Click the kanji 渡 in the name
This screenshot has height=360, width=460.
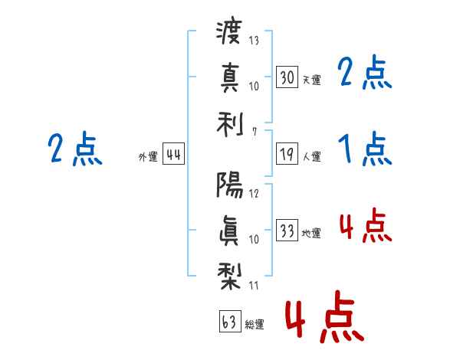[228, 31]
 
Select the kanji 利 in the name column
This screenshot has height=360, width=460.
[230, 125]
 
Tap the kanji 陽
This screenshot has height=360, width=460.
[230, 185]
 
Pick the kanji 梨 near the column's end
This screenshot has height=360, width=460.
[229, 277]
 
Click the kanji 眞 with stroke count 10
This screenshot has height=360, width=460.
[228, 231]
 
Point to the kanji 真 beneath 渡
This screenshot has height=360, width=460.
[229, 78]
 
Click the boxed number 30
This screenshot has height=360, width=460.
[287, 77]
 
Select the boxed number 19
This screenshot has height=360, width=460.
[287, 154]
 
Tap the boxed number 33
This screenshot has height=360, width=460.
[287, 230]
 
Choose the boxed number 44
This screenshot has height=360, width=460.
[173, 154]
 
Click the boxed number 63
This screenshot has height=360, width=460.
[230, 321]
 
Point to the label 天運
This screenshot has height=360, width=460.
[311, 80]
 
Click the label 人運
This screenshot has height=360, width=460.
[312, 156]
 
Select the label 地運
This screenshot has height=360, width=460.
[311, 234]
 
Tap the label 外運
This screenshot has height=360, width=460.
[148, 157]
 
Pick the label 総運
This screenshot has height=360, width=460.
[255, 325]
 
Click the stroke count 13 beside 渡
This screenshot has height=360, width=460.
[254, 40]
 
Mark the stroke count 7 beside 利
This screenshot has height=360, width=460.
[255, 132]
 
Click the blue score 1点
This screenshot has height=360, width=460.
[365, 149]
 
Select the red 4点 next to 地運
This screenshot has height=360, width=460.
[366, 225]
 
